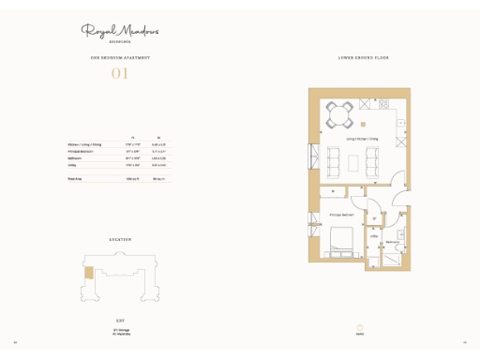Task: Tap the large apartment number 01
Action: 120,73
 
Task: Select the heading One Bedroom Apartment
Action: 120,58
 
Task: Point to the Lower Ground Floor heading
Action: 364,58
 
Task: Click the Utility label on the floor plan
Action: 373,236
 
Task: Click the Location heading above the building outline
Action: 120,240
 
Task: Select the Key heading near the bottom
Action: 120,320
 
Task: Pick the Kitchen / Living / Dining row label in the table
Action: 84,144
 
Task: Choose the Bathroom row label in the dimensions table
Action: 75,157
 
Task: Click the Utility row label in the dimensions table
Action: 72,164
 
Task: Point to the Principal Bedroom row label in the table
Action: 80,151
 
